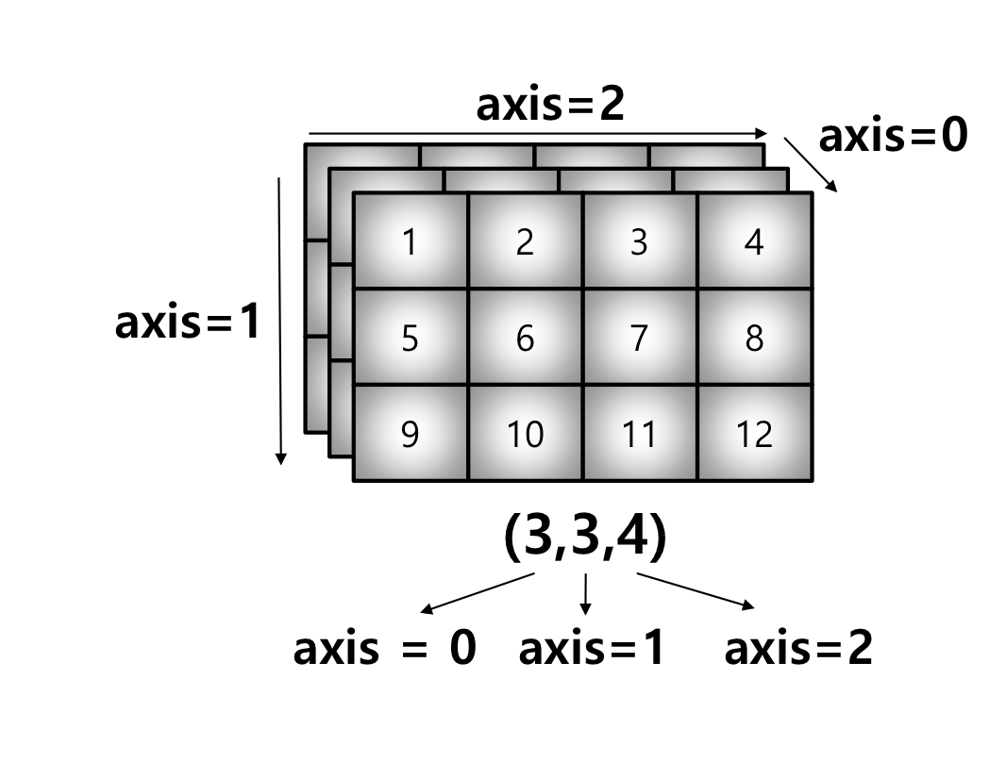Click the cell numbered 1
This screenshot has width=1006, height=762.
point(411,241)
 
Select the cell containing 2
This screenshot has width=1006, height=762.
point(526,241)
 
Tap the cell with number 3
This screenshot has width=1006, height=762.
point(640,241)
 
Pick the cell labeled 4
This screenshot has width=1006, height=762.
point(754,241)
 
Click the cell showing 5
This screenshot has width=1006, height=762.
point(411,337)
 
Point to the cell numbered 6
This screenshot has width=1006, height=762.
point(526,337)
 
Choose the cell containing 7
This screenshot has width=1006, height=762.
point(640,337)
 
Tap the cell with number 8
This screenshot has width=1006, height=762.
point(754,337)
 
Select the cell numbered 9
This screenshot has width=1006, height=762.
point(411,433)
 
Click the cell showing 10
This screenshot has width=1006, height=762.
point(526,433)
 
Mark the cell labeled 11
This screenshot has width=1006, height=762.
point(640,433)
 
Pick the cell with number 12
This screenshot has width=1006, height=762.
point(754,433)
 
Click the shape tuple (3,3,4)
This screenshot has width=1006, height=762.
point(585,537)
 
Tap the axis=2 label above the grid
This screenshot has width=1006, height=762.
point(550,106)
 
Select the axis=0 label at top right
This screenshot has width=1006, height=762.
point(893,137)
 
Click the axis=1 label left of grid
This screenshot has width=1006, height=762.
point(187,323)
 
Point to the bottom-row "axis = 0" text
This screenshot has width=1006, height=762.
point(384,649)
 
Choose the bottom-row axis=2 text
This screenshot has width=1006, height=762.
point(798,649)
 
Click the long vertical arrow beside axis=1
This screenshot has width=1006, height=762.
point(280,321)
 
